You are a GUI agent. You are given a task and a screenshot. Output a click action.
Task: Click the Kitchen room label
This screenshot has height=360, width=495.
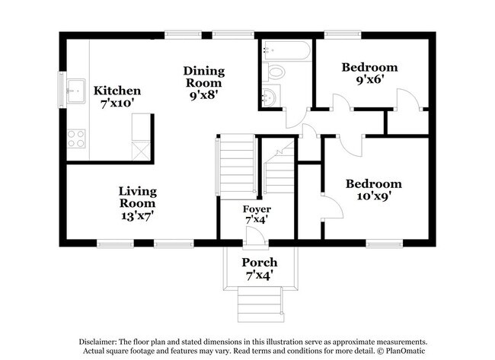(x=117, y=97)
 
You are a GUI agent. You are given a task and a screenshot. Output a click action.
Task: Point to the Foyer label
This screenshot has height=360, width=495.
(x=257, y=214)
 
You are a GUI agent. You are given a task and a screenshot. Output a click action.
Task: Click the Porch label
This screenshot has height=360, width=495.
(x=259, y=268)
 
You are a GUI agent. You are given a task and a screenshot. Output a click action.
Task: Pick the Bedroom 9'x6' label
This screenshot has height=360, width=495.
(x=369, y=73)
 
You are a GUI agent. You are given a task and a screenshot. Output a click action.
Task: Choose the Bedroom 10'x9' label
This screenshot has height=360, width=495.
(x=373, y=190)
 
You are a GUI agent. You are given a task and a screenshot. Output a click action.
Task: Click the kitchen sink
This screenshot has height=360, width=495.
(x=76, y=91)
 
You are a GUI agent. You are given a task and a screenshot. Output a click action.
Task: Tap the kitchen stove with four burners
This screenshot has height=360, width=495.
(x=76, y=138)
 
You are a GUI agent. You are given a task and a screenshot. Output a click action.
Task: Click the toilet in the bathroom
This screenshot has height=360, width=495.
(x=276, y=72)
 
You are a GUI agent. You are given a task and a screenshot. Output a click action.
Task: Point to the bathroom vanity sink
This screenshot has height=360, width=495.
(x=270, y=97)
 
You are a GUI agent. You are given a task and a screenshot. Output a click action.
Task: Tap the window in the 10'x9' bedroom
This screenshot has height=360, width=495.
(x=384, y=244)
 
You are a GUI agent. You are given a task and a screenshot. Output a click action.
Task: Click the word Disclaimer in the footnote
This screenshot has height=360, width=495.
(x=101, y=341)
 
